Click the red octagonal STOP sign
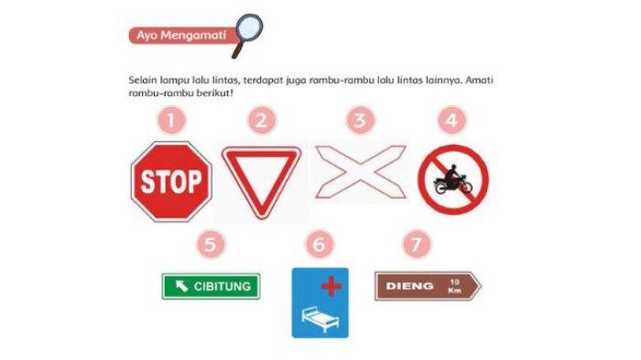171,181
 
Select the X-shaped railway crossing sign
361,172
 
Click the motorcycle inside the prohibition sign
452,182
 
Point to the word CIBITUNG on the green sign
222,287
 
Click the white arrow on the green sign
181,286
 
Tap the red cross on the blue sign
331,286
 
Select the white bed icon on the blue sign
320,320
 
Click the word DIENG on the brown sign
409,286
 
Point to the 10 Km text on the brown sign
454,286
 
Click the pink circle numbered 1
171,120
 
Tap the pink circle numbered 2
262,120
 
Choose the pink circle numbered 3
360,120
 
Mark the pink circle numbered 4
451,120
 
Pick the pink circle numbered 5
211,245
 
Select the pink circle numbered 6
320,245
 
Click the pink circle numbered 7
417,245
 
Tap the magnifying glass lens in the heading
249,27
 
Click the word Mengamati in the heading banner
193,36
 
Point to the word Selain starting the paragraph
142,80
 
